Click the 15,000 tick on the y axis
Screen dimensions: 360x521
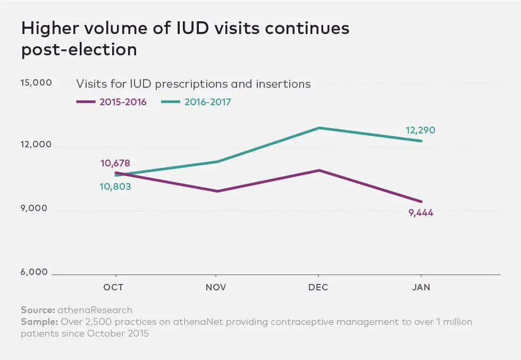tap(36, 83)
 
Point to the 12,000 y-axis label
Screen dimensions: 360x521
tap(36, 145)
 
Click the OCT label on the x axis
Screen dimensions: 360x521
tap(113, 288)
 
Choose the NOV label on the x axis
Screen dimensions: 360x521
tap(216, 288)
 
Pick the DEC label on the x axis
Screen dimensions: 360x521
tap(318, 288)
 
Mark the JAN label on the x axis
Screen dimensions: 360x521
tap(421, 288)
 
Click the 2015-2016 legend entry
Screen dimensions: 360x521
tap(112, 102)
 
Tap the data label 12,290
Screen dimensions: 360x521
tap(421, 130)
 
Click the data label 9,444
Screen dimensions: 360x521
tap(421, 213)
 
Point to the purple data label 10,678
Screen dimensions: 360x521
tap(115, 163)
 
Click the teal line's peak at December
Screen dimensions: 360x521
tap(319, 128)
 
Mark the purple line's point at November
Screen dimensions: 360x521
tap(216, 191)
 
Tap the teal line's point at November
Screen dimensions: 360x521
tap(216, 161)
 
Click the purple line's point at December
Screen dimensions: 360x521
tap(319, 170)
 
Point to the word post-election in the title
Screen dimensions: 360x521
tap(79, 49)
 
